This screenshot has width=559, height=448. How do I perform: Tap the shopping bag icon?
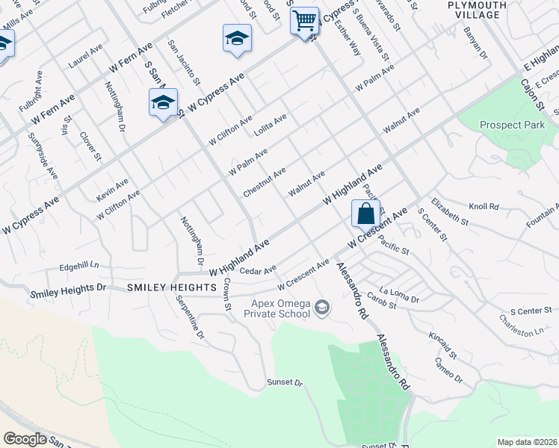[365, 214]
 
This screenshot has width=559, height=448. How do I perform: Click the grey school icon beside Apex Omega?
[322, 306]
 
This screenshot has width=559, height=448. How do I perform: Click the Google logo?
[25, 438]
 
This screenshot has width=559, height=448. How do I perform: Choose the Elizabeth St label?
[449, 211]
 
